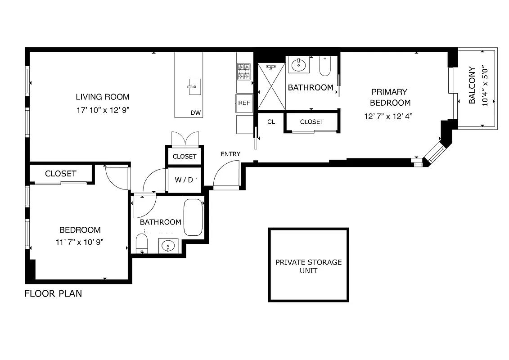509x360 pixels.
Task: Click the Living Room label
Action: (x=102, y=97)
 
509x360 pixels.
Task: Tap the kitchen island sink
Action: (x=195, y=86)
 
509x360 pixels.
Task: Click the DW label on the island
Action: (x=195, y=113)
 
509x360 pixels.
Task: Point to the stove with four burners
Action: (x=243, y=72)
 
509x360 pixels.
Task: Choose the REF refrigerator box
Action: (x=244, y=103)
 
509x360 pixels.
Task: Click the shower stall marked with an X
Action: (x=271, y=86)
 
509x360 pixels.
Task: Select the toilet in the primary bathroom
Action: (x=325, y=66)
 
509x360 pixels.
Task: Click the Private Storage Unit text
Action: (x=308, y=266)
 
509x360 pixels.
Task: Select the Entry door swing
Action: (x=227, y=175)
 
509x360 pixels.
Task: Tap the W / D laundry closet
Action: (x=184, y=180)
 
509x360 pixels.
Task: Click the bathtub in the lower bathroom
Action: (x=194, y=217)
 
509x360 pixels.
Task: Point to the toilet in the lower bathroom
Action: (x=142, y=243)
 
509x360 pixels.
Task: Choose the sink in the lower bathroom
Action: (x=168, y=246)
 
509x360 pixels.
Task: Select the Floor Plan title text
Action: (x=53, y=294)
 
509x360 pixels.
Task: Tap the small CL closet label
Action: (x=271, y=122)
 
